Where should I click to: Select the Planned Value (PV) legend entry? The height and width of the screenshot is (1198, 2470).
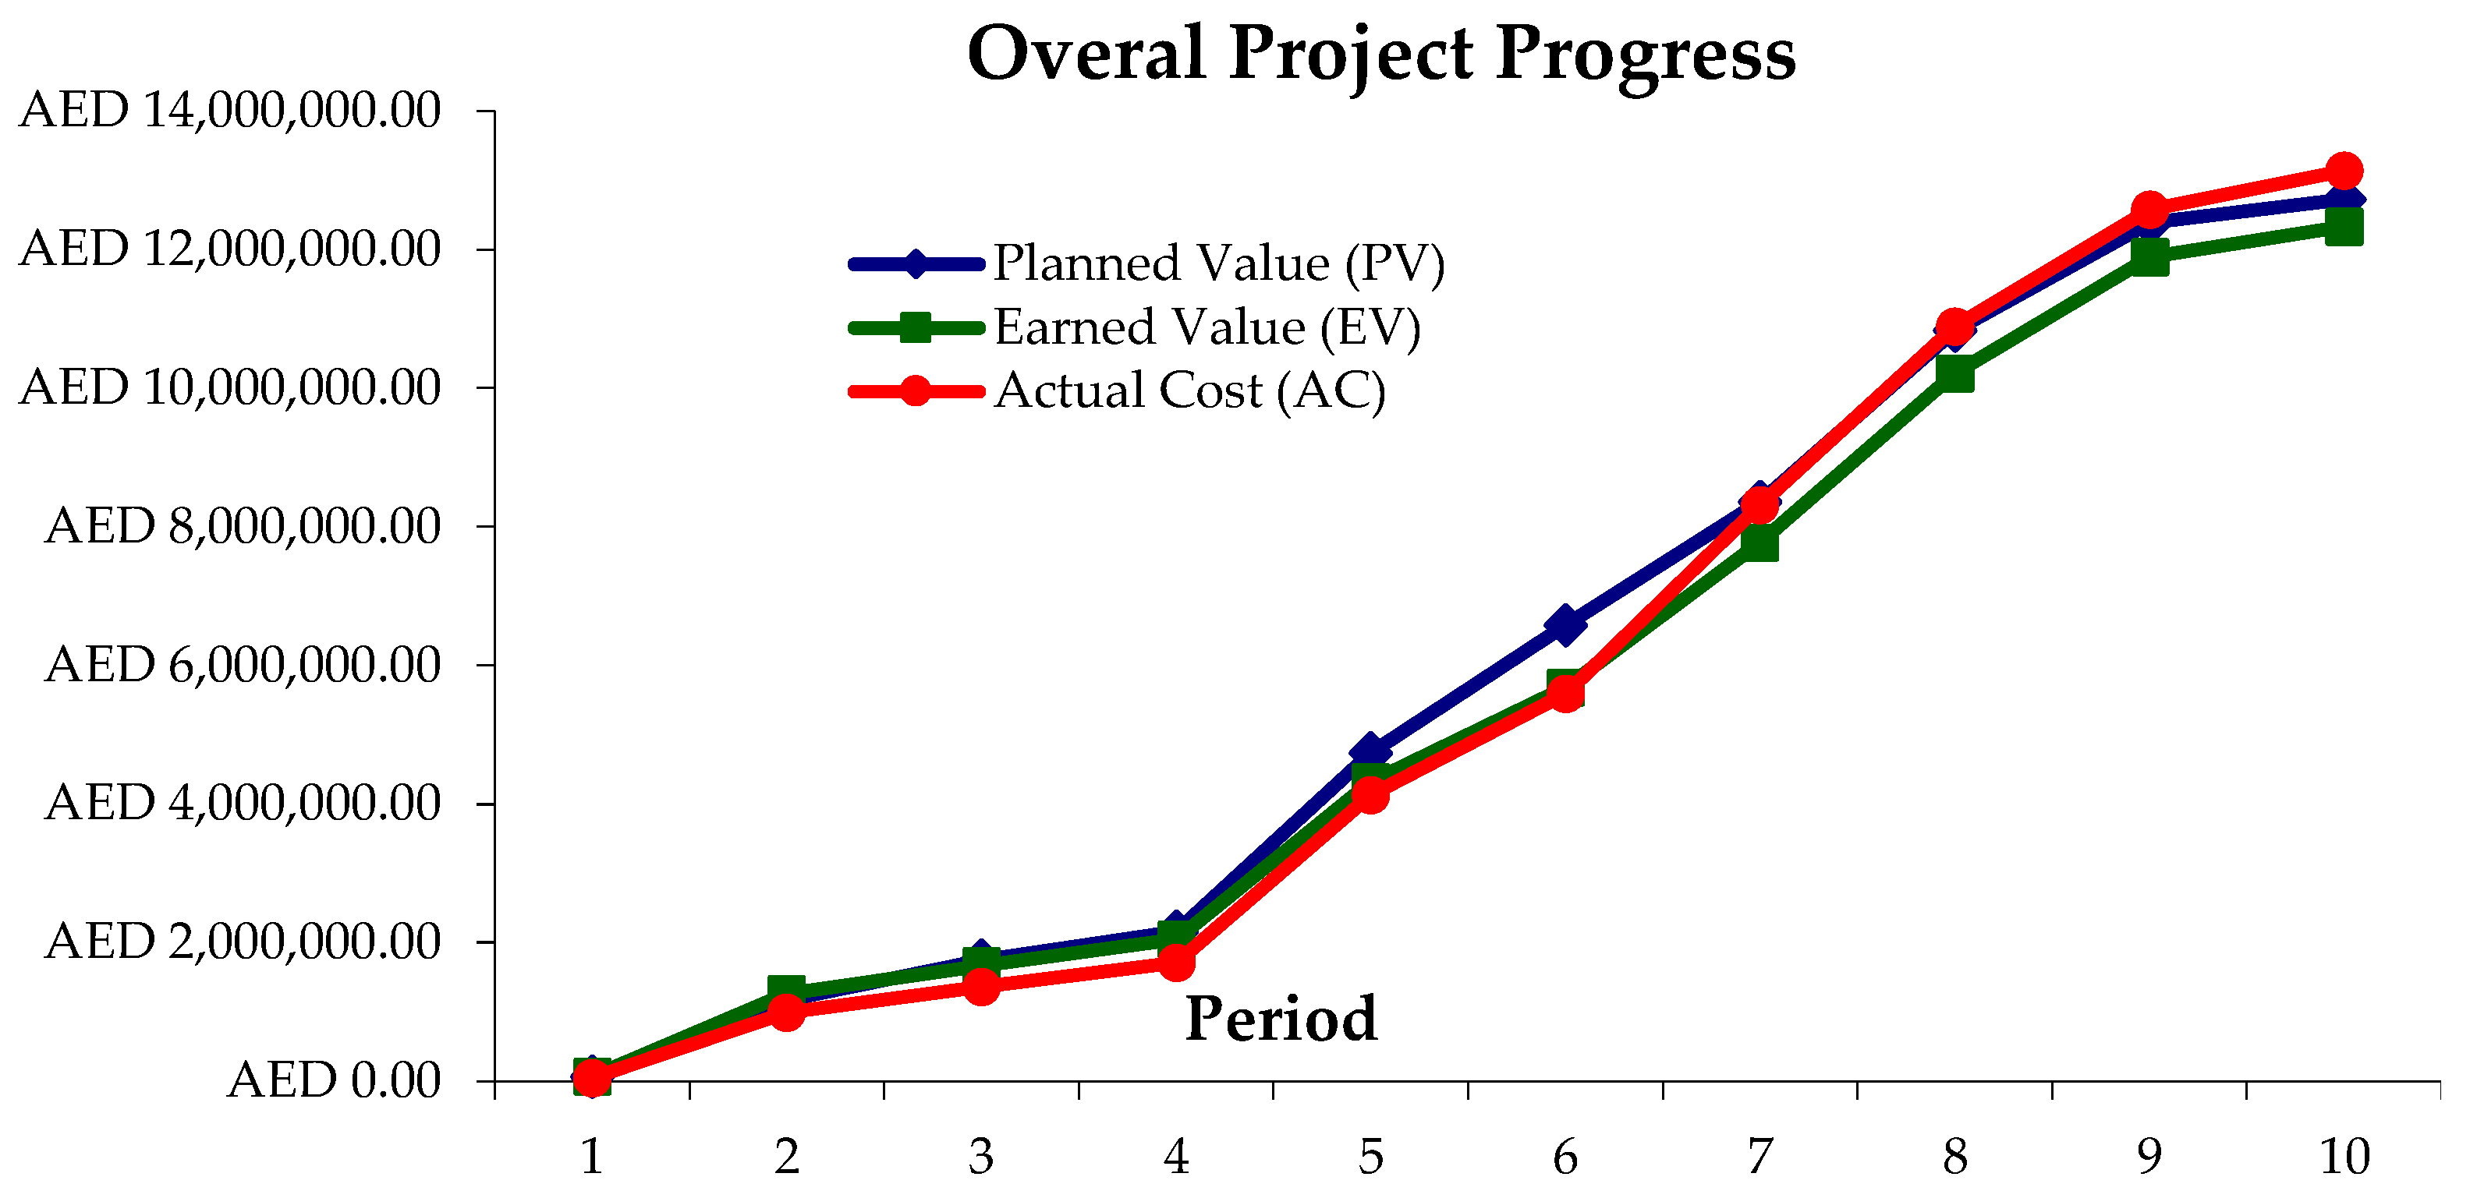click(x=1217, y=263)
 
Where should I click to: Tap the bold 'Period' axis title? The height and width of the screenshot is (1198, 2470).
click(x=1281, y=1018)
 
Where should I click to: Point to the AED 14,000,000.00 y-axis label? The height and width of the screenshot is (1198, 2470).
click(x=230, y=110)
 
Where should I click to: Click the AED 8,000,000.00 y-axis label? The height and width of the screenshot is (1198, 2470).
click(x=243, y=526)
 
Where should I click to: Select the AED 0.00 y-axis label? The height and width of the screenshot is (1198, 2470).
click(x=334, y=1080)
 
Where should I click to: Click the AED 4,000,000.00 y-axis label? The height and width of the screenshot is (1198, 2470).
click(x=243, y=802)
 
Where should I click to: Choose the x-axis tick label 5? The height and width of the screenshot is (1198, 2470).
click(x=1370, y=1157)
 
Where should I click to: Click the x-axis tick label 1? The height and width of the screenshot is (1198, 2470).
click(x=592, y=1157)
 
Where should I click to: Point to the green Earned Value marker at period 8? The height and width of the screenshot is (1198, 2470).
click(x=1955, y=373)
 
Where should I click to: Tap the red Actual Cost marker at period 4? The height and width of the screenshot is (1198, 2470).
click(x=1177, y=961)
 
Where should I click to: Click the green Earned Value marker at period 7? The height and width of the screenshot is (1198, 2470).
click(x=1759, y=543)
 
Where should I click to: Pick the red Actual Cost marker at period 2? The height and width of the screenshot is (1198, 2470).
click(x=786, y=1011)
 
